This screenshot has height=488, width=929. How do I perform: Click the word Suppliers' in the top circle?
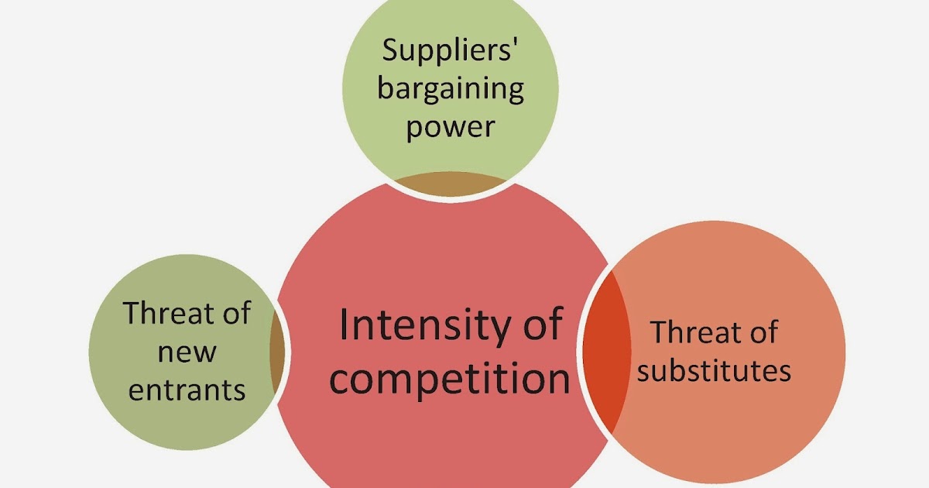click(x=450, y=52)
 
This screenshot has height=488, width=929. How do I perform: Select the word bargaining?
click(x=450, y=89)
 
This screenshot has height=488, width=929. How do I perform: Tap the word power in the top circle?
click(x=450, y=125)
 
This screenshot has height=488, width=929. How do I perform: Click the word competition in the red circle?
click(x=450, y=380)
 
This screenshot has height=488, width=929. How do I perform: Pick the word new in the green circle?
click(x=187, y=352)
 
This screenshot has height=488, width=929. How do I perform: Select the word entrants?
click(x=187, y=390)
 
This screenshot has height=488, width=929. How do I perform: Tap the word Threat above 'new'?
click(x=167, y=314)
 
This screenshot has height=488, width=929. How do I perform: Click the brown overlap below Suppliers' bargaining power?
click(x=450, y=184)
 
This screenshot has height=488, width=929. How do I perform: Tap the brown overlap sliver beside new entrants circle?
click(x=275, y=356)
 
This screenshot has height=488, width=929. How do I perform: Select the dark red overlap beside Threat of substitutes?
click(x=605, y=349)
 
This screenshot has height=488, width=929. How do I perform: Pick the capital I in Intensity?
click(x=343, y=325)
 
